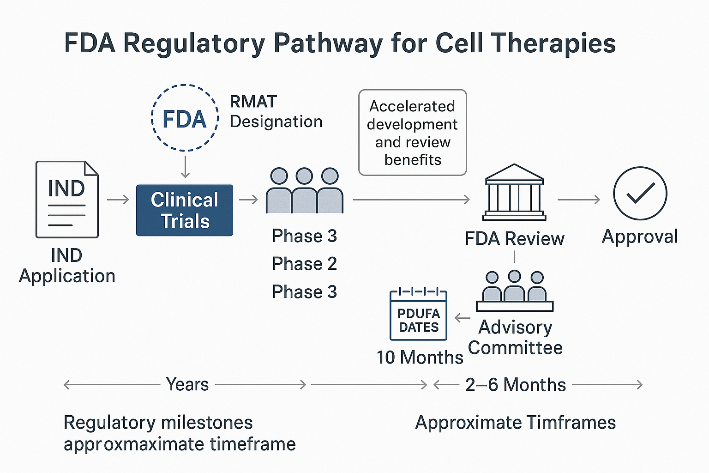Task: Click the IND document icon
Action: tap(67, 199)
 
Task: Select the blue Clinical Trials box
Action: tap(185, 210)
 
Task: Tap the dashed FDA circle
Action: tap(185, 118)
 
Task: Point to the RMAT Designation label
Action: tap(276, 111)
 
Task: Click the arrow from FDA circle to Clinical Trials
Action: tap(185, 167)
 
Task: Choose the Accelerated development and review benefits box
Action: tap(413, 133)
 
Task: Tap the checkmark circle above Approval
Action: tap(640, 193)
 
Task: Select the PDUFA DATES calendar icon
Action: tap(419, 315)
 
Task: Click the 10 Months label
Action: tap(420, 357)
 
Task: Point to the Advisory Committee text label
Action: tap(515, 337)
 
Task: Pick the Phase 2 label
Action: tap(304, 264)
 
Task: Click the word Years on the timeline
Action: tap(187, 384)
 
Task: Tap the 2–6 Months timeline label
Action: tap(515, 385)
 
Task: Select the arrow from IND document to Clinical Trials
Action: tap(118, 200)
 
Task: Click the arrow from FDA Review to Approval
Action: tap(579, 200)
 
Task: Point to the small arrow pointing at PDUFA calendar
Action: tap(462, 318)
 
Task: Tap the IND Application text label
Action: tap(67, 266)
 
